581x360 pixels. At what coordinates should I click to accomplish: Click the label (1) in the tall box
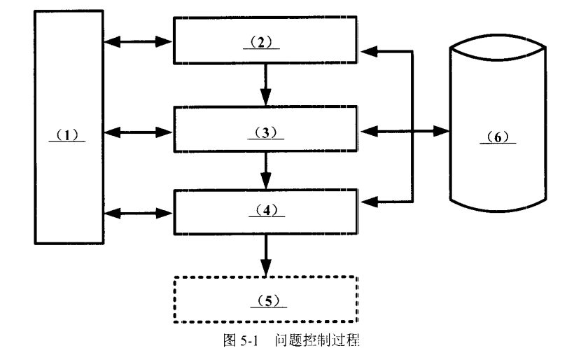point(67,136)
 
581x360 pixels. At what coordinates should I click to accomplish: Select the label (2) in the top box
point(265,43)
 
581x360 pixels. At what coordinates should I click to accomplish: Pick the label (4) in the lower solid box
point(265,209)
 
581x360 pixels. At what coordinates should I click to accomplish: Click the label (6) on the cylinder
point(498,139)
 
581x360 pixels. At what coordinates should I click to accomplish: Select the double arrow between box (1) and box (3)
point(139,131)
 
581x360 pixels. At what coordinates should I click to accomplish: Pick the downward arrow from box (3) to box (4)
point(266,169)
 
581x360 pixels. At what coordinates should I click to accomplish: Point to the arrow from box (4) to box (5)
point(266,255)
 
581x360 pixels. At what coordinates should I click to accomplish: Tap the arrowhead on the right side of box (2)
point(367,51)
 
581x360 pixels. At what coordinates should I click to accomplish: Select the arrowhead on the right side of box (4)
point(367,202)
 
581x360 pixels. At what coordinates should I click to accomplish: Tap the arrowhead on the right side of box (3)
point(367,130)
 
